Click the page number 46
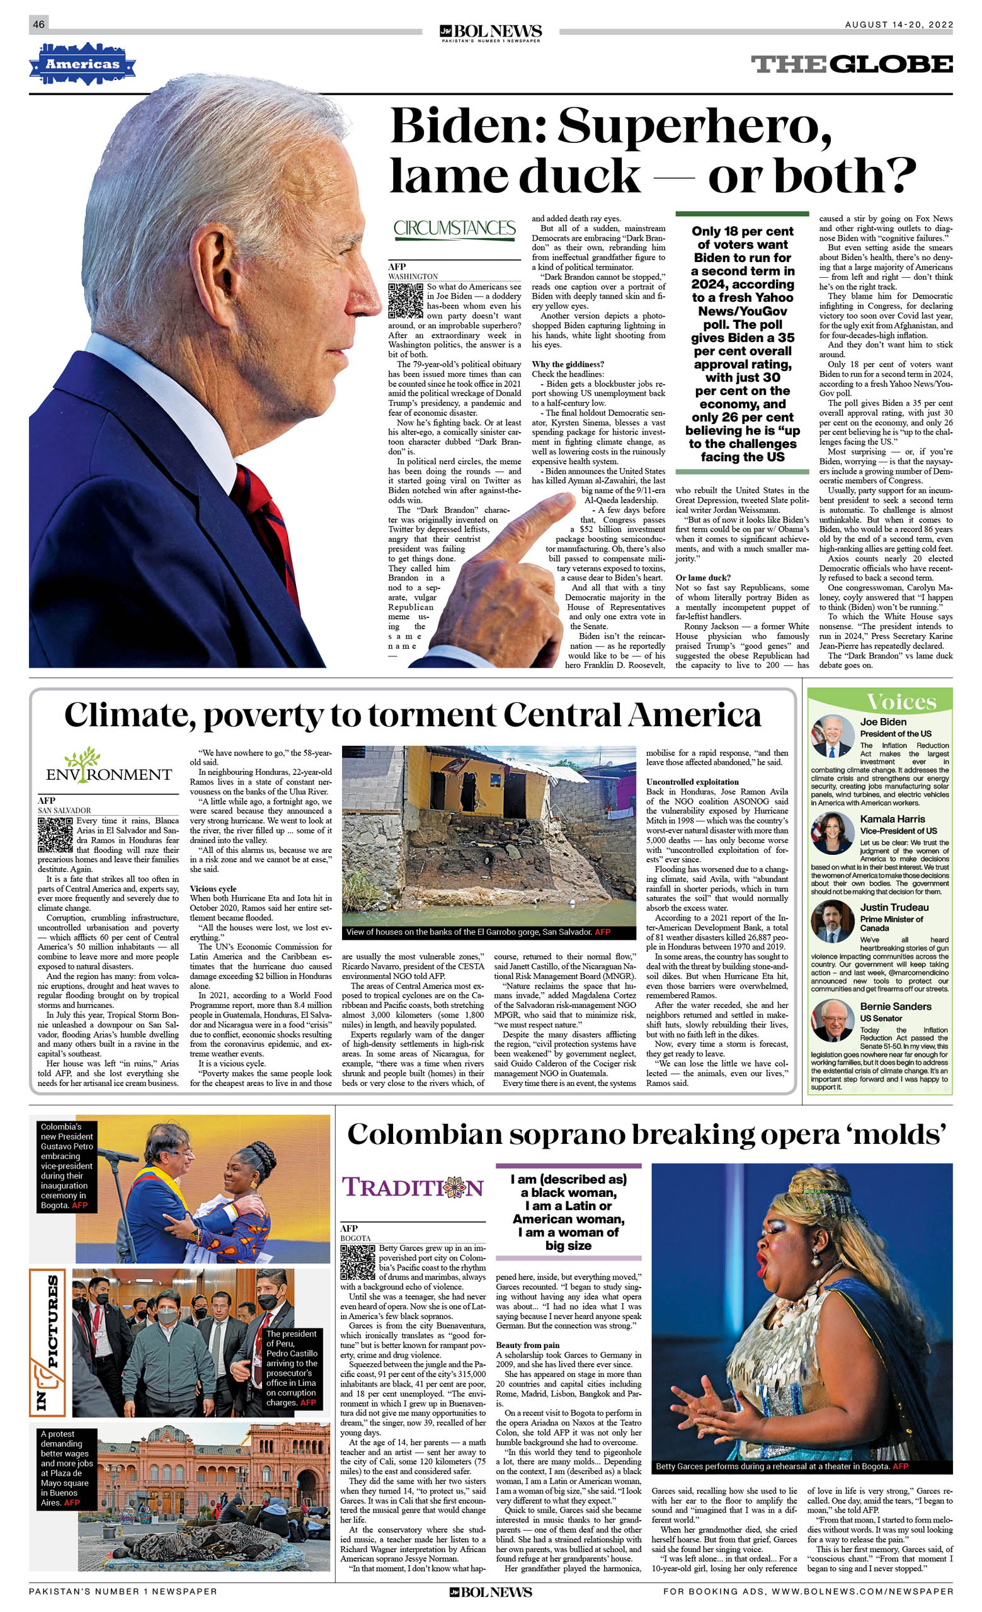click(38, 24)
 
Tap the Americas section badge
click(83, 64)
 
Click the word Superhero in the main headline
click(694, 125)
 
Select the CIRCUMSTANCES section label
click(455, 228)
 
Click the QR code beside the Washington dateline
click(406, 301)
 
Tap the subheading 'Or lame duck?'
click(704, 578)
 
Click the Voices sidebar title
click(901, 702)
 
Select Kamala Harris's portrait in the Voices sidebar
click(832, 833)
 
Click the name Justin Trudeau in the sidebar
click(894, 907)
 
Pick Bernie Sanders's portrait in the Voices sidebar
click(832, 1020)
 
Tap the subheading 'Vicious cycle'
click(213, 888)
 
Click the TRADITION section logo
click(413, 1187)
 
